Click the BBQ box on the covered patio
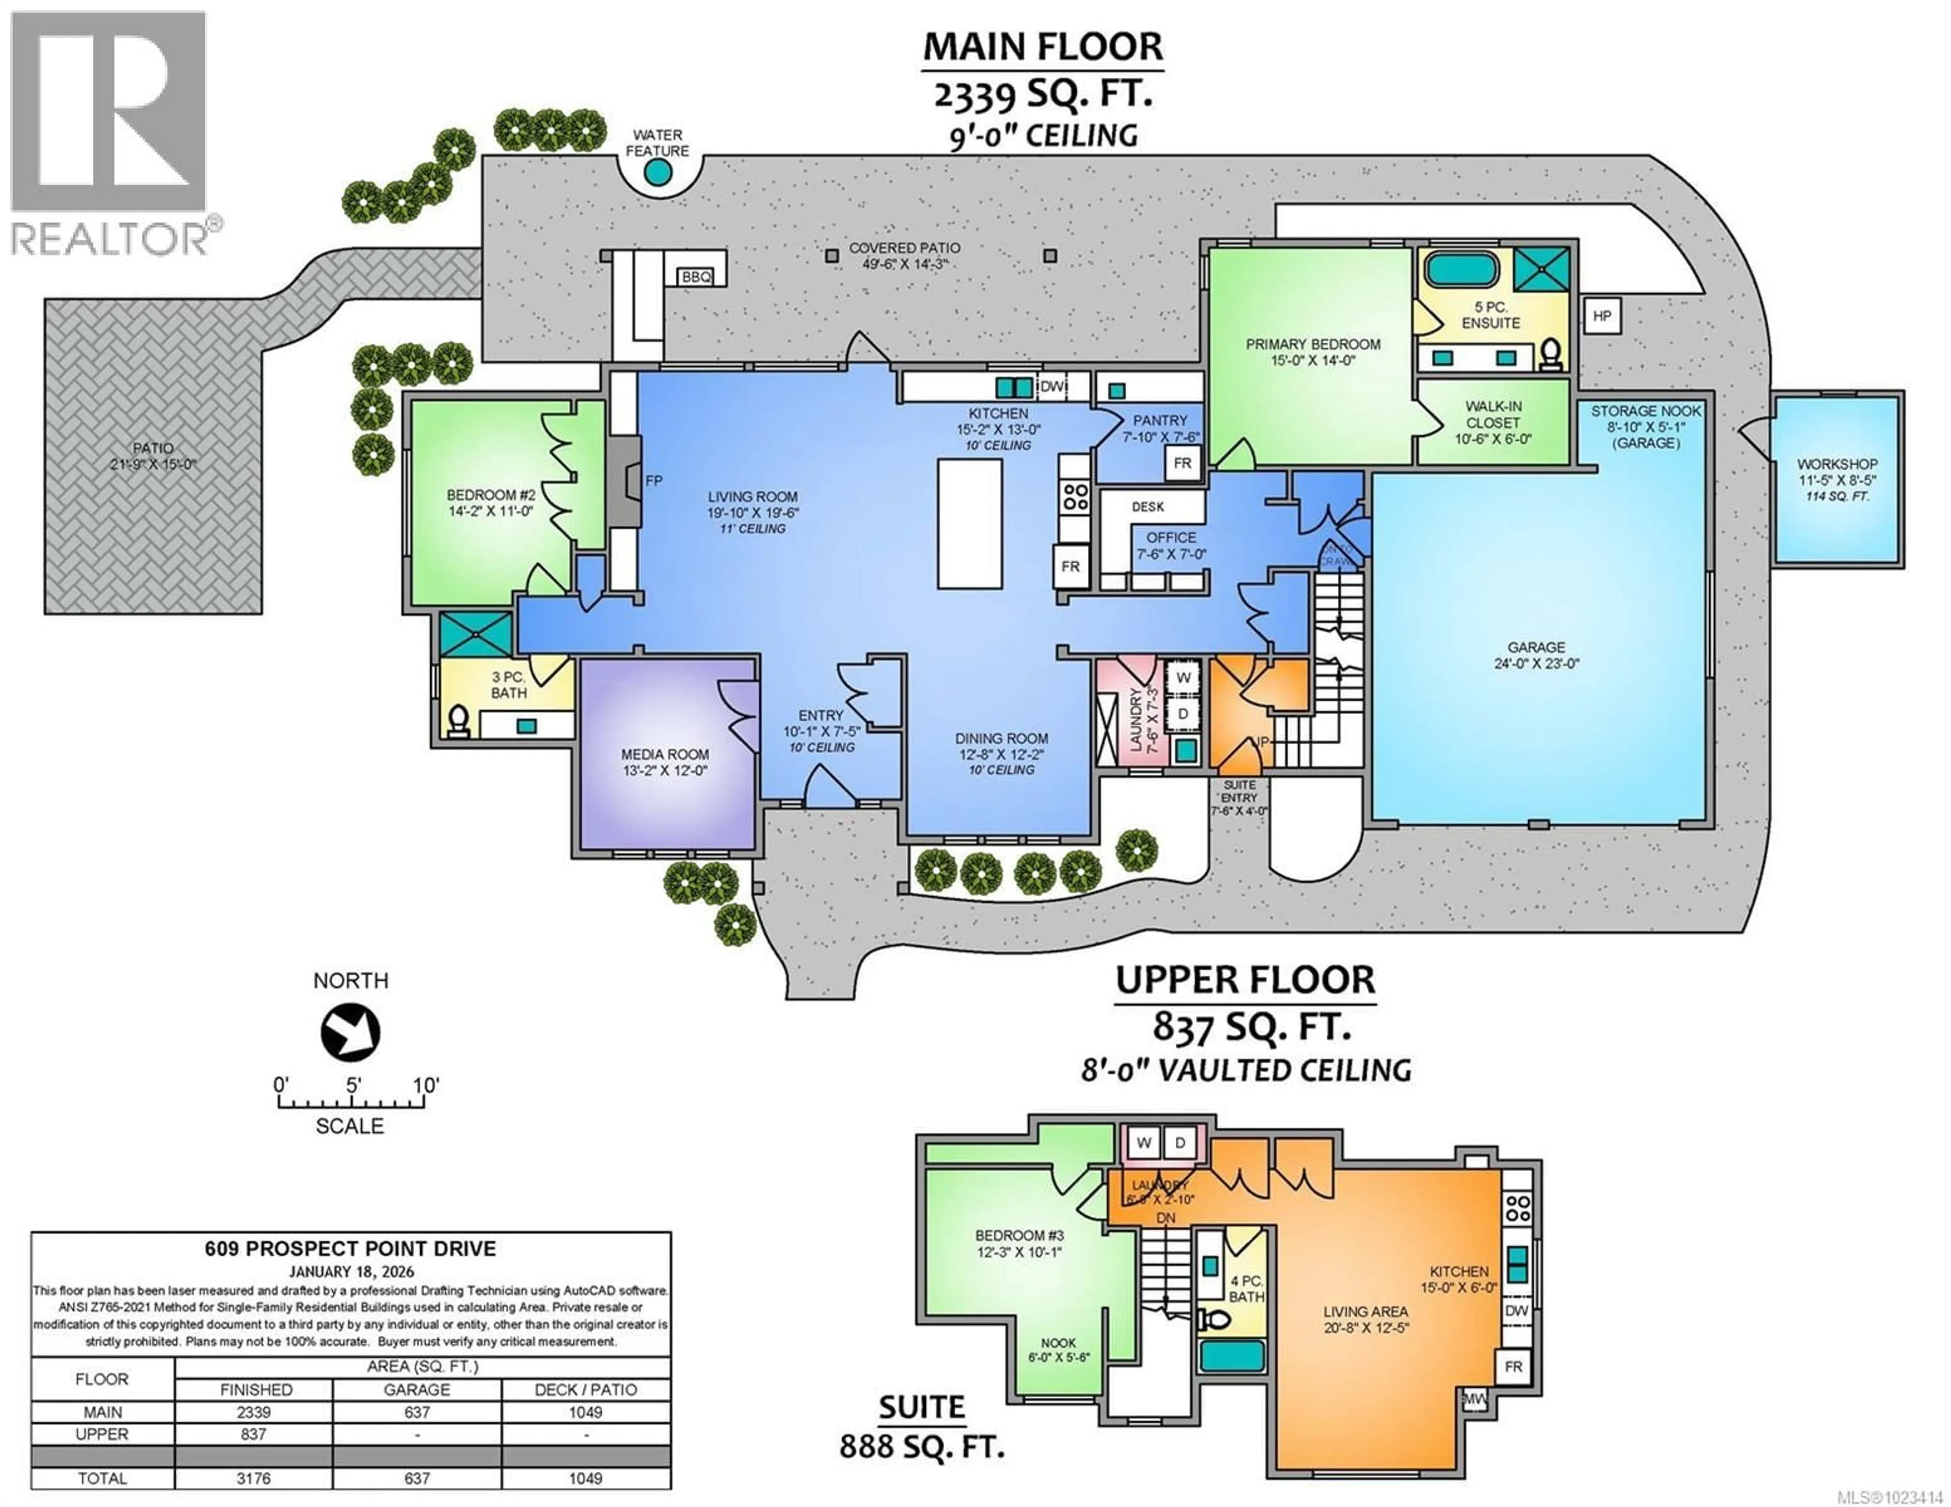(696, 277)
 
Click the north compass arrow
(350, 1033)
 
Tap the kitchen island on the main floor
(969, 524)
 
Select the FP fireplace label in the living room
(654, 480)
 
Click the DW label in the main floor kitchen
(1051, 387)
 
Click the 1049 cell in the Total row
(585, 1478)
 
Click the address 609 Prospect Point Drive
(350, 1249)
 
